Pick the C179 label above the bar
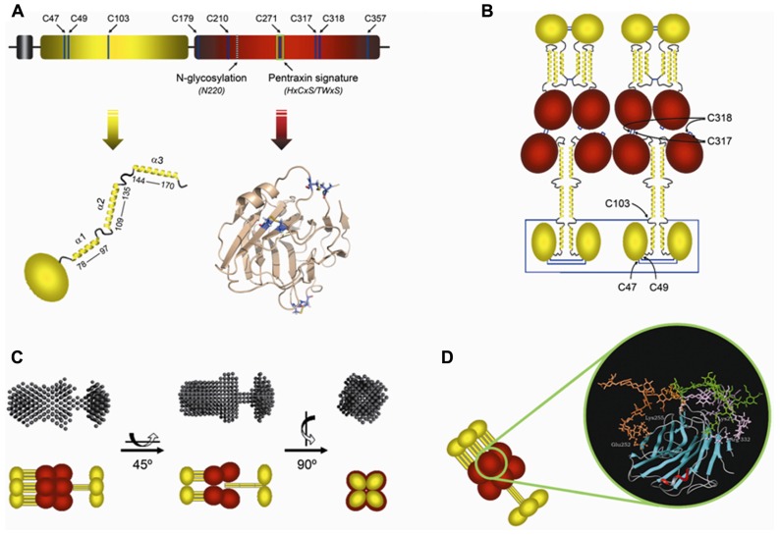coord(183,19)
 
